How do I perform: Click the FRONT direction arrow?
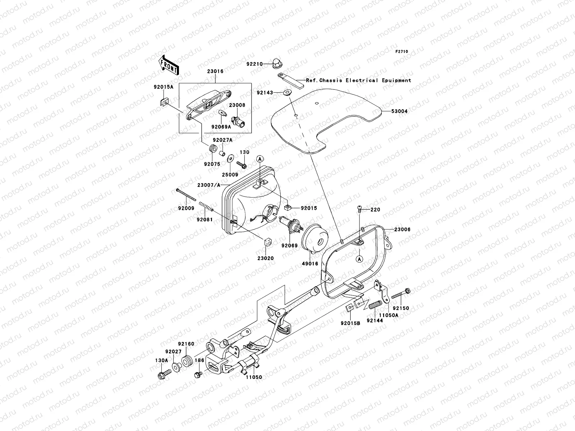[169, 65]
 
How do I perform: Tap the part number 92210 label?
[254, 64]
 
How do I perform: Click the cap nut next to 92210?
[277, 63]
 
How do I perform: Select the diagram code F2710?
[401, 52]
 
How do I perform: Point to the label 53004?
[399, 111]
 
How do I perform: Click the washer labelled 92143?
[287, 93]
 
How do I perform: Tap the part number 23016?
[215, 71]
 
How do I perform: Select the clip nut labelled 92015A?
[164, 102]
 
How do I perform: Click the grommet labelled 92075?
[213, 148]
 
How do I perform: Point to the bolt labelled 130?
[241, 165]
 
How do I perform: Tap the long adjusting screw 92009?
[186, 195]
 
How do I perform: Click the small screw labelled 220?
[359, 208]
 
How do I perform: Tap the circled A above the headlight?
[260, 159]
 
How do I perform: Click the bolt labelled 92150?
[401, 293]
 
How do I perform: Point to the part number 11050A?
[388, 315]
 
